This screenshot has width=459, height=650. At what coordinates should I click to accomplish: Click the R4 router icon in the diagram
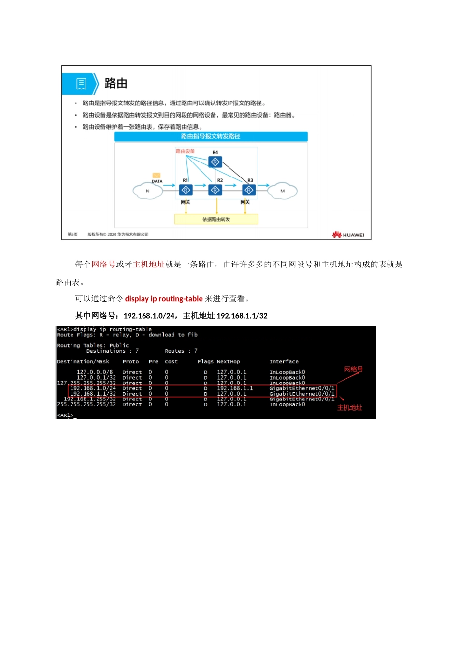coord(215,162)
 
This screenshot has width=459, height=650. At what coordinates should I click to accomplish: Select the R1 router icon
coord(186,190)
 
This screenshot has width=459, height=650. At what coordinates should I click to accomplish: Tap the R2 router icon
coord(215,190)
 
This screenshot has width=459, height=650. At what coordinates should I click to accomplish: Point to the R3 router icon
coord(249,190)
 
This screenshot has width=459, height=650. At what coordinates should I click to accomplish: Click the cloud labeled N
coord(147,191)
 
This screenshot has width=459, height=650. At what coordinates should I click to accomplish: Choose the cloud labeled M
coord(283,191)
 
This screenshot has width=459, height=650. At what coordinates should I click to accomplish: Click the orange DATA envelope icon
coord(157,176)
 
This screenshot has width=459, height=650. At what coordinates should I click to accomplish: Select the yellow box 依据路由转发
coord(216,220)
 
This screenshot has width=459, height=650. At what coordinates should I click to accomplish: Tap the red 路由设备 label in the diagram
coord(185,151)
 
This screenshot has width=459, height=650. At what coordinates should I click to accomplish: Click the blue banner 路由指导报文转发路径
coord(211,137)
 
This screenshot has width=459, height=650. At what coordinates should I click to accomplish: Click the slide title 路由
coord(116,84)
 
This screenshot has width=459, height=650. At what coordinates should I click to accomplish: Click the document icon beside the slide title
coord(81,84)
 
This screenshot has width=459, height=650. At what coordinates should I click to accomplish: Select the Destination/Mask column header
coord(83,362)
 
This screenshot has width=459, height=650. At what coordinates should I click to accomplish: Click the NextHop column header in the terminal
coord(228,362)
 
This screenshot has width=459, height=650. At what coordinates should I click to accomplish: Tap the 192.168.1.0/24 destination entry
coord(93,388)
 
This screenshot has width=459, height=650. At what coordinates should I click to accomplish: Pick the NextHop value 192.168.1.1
coord(235,388)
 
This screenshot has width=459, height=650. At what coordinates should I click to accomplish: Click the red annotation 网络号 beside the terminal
coord(354,369)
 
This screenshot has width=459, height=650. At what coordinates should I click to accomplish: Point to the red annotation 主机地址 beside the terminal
coord(350,408)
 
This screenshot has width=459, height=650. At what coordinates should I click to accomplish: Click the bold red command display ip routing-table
coord(164,299)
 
